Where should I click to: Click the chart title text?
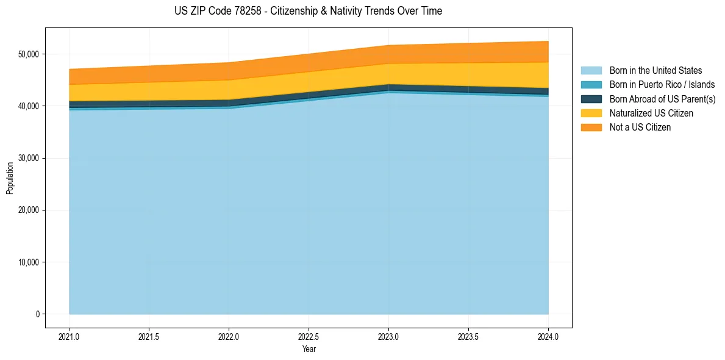pos(308,11)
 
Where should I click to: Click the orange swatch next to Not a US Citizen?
pos(591,128)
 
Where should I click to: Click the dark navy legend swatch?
pos(591,99)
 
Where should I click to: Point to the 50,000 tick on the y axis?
pos(29,54)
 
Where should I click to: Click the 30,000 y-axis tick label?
pos(29,158)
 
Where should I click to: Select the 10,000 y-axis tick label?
pos(29,262)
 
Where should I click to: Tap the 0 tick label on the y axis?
pos(37,314)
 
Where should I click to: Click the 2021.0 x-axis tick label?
pos(70,337)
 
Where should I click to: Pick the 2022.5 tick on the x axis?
pos(309,337)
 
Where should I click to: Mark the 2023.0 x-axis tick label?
pos(388,337)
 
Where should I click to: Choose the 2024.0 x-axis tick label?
pos(548,337)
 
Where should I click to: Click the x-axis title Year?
pos(309,350)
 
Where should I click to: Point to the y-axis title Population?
pos(10,178)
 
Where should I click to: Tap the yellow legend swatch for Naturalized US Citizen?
pos(591,113)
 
